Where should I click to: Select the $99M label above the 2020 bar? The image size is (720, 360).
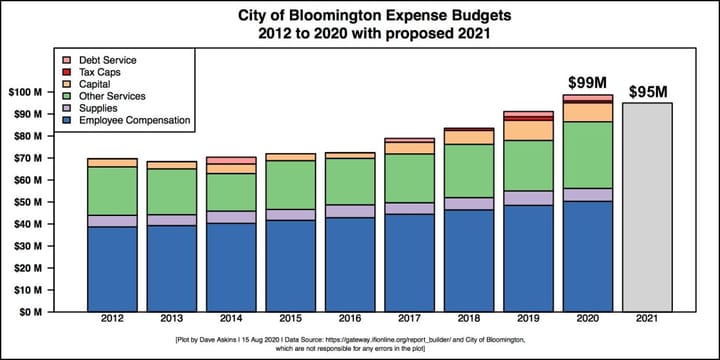[587, 82]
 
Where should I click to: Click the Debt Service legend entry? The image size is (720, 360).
[109, 60]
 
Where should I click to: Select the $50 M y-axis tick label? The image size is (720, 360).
[53, 202]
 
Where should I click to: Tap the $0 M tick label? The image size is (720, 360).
[56, 311]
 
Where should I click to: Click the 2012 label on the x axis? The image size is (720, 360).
[112, 320]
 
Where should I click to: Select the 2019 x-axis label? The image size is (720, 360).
[528, 320]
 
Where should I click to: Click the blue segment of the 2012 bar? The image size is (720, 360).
[112, 268]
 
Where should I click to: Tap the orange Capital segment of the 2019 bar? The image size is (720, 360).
[528, 130]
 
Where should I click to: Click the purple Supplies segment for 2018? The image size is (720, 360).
[468, 203]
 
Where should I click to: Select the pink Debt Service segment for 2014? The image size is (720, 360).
[231, 160]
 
